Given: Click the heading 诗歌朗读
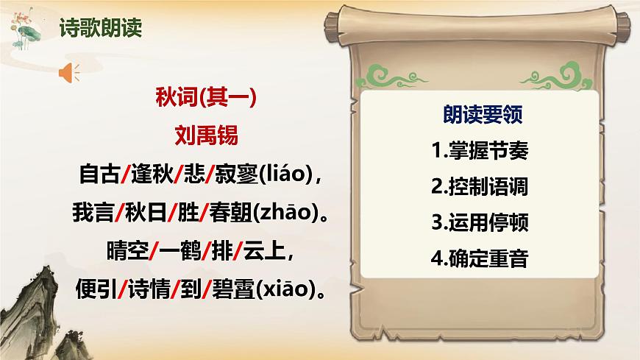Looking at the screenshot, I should click(100, 29).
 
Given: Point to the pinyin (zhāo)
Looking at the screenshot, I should click(287, 213).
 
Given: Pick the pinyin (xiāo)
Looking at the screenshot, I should click(287, 290).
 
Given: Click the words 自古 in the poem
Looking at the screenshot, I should click(99, 175).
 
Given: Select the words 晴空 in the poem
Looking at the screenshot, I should click(127, 252).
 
